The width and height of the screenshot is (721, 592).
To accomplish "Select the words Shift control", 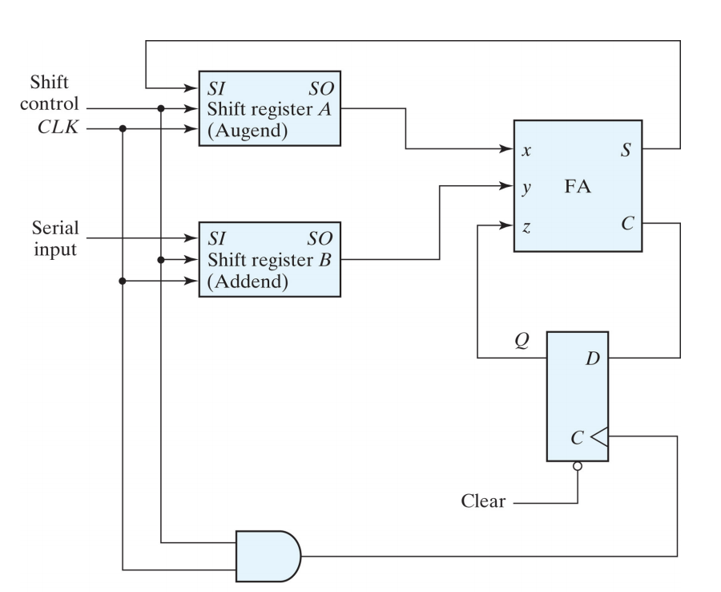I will click(x=54, y=95).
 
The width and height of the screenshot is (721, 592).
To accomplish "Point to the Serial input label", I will click(x=54, y=238).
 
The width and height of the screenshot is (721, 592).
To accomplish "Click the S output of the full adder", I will click(x=626, y=149).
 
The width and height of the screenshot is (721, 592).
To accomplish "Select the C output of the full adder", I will click(x=626, y=224).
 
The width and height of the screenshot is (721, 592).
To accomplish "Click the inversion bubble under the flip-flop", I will click(x=578, y=466).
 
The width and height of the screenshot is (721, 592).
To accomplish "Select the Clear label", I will click(x=483, y=502).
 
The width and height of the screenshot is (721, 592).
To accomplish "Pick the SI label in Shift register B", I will click(x=216, y=240).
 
